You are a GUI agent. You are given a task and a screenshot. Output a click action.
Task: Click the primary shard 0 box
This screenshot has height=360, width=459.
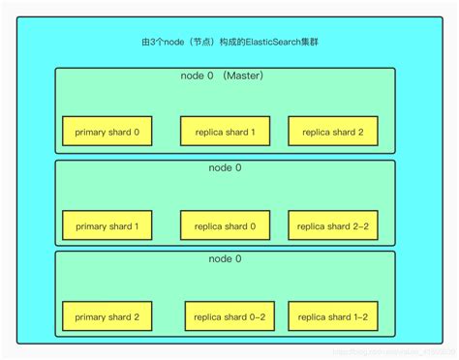107,131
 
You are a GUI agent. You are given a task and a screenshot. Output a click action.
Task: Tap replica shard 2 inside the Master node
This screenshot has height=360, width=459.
333,131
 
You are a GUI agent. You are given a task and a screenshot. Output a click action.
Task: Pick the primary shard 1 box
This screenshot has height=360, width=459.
107,225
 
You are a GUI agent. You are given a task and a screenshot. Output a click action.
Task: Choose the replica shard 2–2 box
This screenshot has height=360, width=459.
333,225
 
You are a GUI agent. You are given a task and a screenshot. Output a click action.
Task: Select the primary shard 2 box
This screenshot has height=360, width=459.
107,316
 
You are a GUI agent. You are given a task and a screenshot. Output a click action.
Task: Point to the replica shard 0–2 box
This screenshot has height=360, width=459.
230,316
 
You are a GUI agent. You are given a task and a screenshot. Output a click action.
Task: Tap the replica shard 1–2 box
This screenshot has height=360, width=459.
333,316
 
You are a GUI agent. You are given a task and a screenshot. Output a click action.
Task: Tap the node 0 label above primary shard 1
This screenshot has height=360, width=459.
225,168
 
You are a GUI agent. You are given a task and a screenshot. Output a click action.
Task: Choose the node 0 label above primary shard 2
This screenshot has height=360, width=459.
225,259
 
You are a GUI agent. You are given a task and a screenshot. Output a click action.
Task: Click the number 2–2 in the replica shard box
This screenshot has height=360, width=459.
359,225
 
